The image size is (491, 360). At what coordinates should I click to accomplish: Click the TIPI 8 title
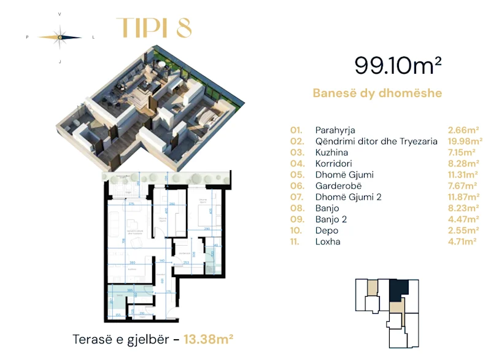click(x=153, y=28)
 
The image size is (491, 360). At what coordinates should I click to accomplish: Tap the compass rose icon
click(x=60, y=37)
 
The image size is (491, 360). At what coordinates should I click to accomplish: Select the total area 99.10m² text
click(x=398, y=65)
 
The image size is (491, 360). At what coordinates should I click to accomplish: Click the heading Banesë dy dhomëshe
click(x=377, y=93)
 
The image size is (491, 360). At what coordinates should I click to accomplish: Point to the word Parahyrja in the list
click(x=335, y=130)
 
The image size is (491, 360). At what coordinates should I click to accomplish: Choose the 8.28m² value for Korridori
click(x=463, y=163)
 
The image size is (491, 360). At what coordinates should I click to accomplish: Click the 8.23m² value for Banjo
click(x=463, y=208)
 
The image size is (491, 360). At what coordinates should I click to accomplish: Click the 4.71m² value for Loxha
click(x=463, y=241)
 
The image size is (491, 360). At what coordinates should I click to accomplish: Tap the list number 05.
click(x=297, y=175)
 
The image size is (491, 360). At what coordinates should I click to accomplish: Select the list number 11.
click(x=296, y=241)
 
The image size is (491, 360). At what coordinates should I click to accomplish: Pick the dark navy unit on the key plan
click(x=399, y=291)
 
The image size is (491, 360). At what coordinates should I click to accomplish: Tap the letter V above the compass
click(x=60, y=13)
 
